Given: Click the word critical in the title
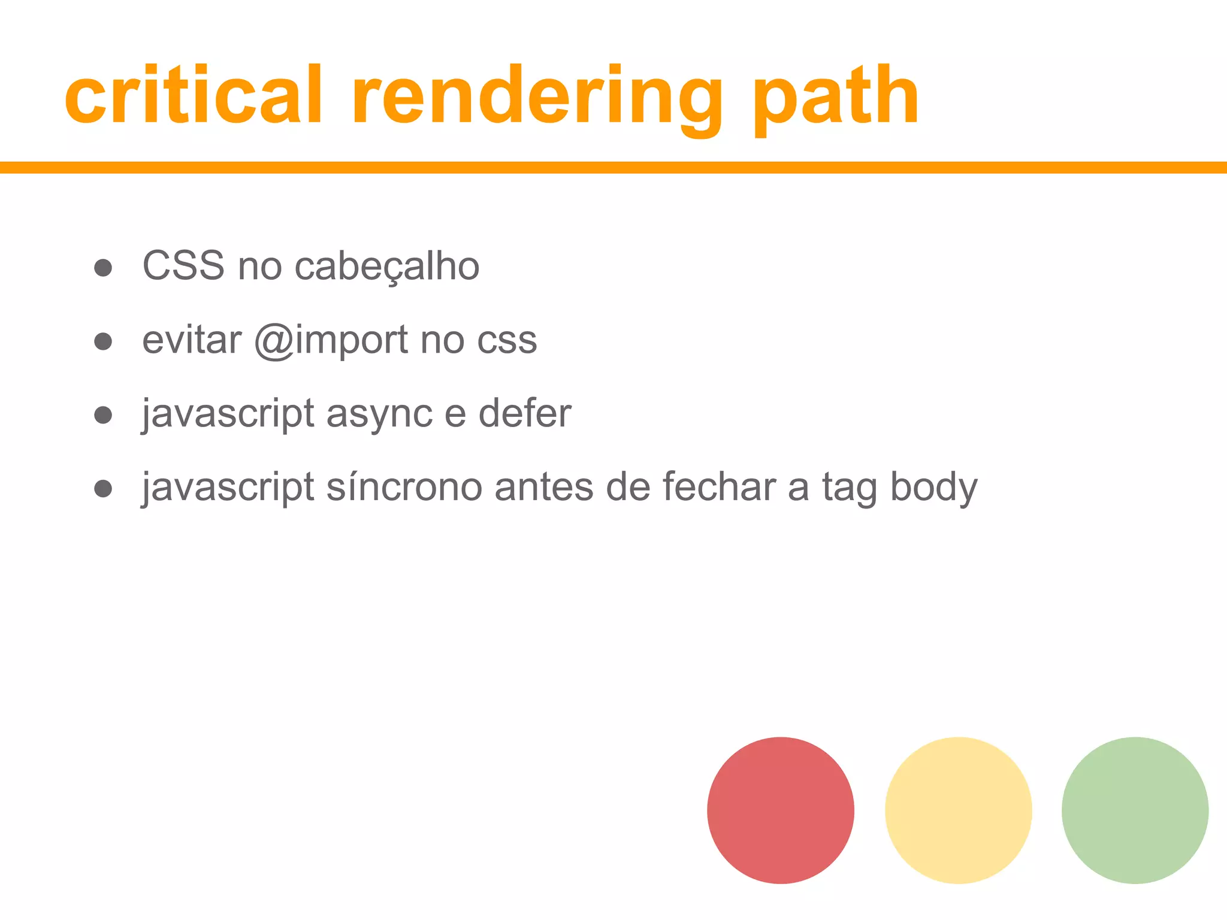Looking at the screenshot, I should tap(194, 96).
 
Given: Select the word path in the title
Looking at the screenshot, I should tap(835, 99).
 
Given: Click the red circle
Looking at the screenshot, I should tap(780, 810).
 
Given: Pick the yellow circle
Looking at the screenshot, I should tap(958, 810).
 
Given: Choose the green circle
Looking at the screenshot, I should tap(1135, 810).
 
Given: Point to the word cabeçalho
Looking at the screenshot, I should tap(387, 267).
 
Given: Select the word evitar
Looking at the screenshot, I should tap(192, 340).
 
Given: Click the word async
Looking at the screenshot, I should tap(379, 414).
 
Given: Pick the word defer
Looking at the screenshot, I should tap(525, 413).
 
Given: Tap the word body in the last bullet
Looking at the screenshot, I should tap(933, 488).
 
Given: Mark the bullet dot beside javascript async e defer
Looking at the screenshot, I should tap(103, 414).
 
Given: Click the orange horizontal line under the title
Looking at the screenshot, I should tap(613, 168).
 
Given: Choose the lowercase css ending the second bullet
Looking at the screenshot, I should tap(507, 340).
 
